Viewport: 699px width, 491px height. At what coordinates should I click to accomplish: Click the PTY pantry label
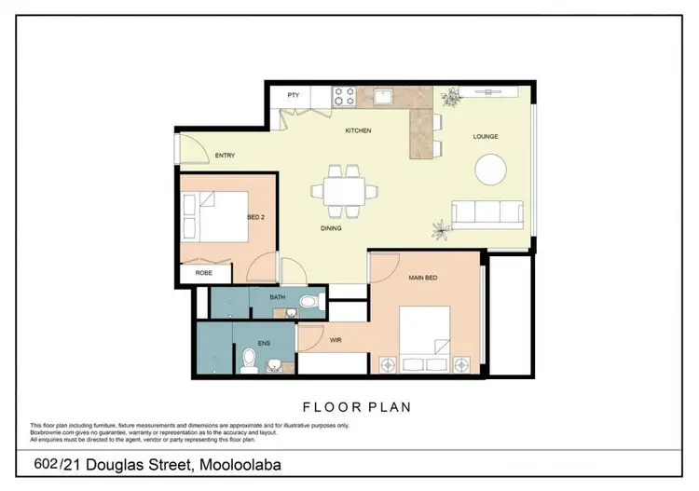293,95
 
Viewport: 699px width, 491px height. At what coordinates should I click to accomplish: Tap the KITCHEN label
358,130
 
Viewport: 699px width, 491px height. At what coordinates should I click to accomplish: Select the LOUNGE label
485,137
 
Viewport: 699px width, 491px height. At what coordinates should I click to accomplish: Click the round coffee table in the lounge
491,170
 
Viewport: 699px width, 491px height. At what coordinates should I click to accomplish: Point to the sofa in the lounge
487,213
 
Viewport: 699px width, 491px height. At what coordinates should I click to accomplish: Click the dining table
345,190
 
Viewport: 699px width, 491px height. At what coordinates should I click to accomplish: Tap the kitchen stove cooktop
342,95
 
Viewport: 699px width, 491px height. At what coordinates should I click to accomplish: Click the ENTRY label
224,156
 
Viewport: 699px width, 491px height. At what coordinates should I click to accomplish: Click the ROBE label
202,274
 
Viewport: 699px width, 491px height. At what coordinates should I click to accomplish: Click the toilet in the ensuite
248,359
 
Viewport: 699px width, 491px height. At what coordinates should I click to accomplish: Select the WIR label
336,340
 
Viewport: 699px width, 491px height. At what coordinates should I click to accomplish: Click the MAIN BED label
423,278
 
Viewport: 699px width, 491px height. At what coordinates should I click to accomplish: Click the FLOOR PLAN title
357,407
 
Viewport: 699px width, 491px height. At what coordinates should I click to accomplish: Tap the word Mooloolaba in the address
239,464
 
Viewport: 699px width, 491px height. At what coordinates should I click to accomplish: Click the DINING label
330,227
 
